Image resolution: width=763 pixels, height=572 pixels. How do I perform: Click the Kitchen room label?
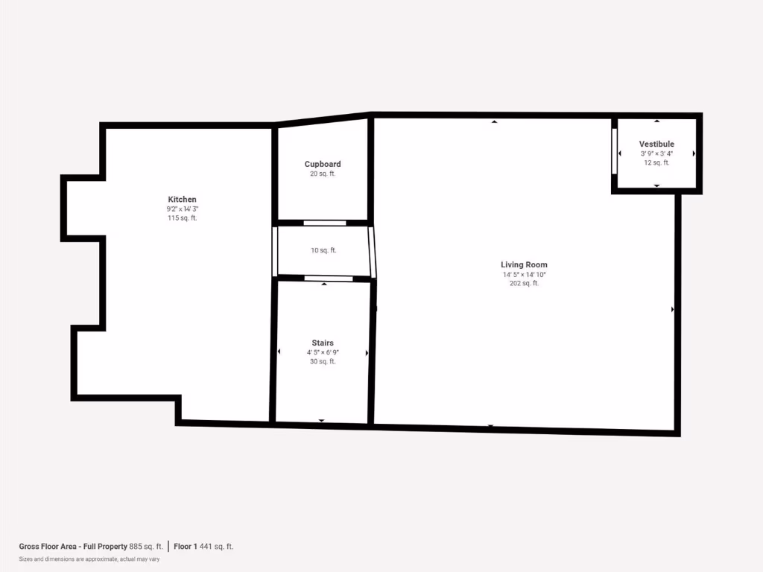coord(183,200)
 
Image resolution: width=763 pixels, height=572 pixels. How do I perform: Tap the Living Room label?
coord(524,265)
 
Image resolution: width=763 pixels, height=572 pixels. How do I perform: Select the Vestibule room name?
coord(656,144)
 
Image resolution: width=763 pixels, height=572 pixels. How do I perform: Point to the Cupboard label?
coord(323,164)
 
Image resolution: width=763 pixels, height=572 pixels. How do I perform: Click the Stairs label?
coord(323,343)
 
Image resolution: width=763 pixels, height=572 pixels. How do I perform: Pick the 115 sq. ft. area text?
coord(183,218)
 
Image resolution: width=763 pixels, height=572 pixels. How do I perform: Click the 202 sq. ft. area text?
coord(524,284)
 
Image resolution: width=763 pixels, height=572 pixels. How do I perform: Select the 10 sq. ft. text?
coord(323,250)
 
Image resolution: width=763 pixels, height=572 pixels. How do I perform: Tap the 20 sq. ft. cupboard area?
coord(323,174)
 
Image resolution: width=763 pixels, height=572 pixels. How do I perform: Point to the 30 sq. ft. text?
coord(323,362)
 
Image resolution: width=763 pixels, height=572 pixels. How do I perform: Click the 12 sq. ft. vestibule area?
coord(656,162)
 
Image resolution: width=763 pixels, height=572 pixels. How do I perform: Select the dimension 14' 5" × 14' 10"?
coord(524,275)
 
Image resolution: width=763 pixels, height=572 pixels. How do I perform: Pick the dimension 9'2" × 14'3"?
coord(183,209)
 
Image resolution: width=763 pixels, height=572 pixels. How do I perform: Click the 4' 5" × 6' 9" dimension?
coord(323,352)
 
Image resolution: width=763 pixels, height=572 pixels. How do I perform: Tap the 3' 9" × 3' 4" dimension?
coord(656,153)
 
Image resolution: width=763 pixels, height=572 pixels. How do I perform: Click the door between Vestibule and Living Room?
coord(615,152)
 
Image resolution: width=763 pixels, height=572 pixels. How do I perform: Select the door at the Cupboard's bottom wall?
coord(324,223)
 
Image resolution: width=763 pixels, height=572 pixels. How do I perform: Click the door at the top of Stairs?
coord(329,279)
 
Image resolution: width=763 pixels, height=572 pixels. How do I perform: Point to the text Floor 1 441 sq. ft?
coord(203,547)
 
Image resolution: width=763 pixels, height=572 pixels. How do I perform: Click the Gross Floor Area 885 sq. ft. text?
coord(91,547)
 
